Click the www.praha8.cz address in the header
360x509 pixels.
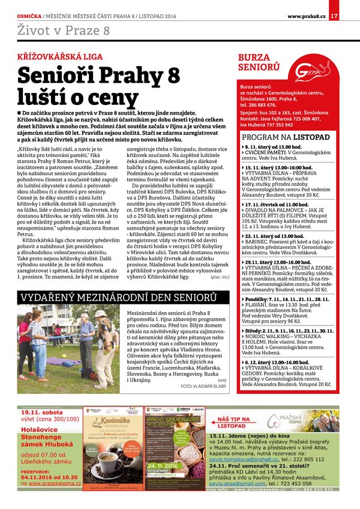[306, 15]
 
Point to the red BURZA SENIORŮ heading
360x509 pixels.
[256, 62]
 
